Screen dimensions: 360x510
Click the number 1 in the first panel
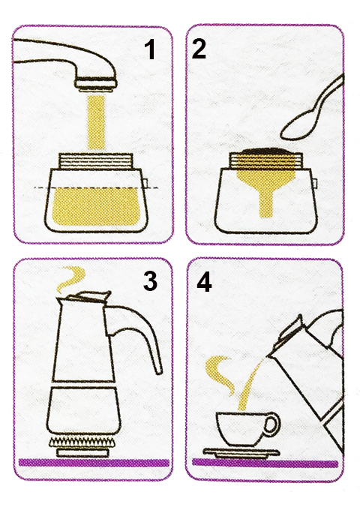[x=150, y=49]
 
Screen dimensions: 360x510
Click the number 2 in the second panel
[x=199, y=49]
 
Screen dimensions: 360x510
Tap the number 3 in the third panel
[x=150, y=280]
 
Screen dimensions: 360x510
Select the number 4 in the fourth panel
[x=204, y=281]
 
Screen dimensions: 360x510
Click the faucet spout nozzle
[x=95, y=85]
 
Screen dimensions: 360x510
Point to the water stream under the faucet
[x=96, y=122]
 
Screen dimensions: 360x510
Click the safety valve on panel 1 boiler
[x=145, y=183]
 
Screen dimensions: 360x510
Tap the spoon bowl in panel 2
[x=298, y=125]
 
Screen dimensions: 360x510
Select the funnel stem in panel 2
[x=266, y=205]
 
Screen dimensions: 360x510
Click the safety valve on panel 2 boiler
[x=315, y=183]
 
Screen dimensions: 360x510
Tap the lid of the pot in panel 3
[x=85, y=297]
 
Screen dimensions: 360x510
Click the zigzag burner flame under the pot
[x=82, y=442]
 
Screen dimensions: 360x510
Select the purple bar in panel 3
[x=94, y=463]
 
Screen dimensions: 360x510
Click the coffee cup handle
[x=271, y=424]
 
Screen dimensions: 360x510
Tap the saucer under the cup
[x=241, y=453]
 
